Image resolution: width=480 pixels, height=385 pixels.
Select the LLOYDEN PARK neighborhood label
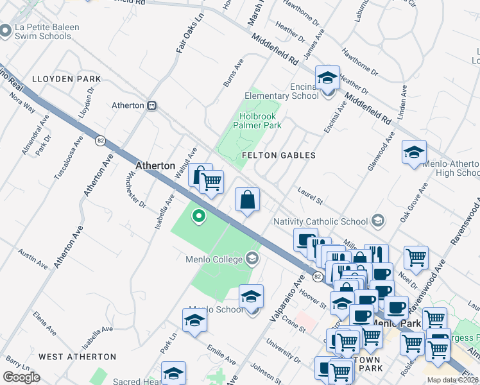pos(69,79)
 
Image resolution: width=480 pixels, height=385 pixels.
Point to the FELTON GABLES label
pos(279,155)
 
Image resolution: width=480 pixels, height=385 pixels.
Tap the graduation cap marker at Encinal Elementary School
pos(327,78)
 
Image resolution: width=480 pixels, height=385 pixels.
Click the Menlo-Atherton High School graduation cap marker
pos(414,153)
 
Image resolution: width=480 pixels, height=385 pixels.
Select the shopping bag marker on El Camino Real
pos(247,200)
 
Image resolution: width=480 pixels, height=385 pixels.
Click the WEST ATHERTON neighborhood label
pos(77,356)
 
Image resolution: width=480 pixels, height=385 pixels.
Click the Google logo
pos(22,377)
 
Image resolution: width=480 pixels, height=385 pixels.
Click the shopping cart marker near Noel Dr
pos(416,257)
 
